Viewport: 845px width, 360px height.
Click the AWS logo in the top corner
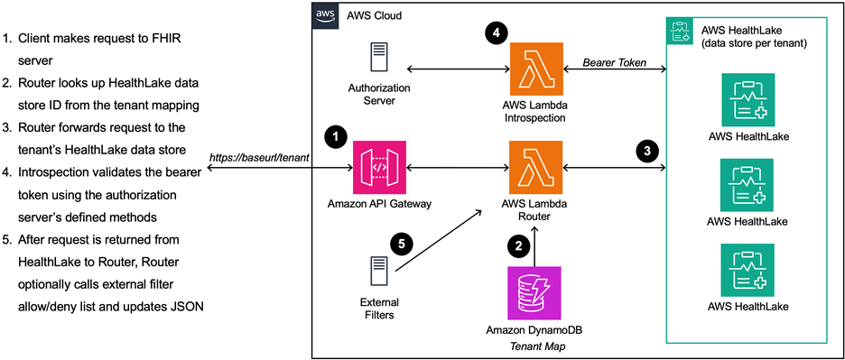(x=325, y=16)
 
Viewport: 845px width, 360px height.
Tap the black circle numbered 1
(x=336, y=137)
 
